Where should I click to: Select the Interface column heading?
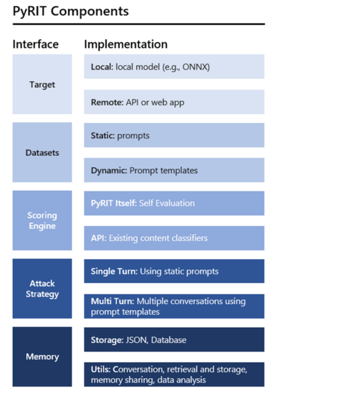pyautogui.click(x=36, y=45)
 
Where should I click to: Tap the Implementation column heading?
pyautogui.click(x=125, y=45)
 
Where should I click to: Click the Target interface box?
pyautogui.click(x=42, y=84)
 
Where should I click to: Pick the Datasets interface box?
pyautogui.click(x=42, y=153)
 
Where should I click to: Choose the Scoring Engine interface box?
pyautogui.click(x=42, y=220)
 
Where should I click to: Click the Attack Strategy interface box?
pyautogui.click(x=42, y=289)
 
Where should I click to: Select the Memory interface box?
pyautogui.click(x=42, y=357)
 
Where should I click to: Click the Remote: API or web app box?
pyautogui.click(x=174, y=102)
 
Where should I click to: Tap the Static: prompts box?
pyautogui.click(x=174, y=135)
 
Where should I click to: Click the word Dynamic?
pyautogui.click(x=109, y=171)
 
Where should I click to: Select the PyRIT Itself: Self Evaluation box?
pyautogui.click(x=174, y=203)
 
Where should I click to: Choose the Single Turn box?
pyautogui.click(x=174, y=271)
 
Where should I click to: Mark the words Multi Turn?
pyautogui.click(x=112, y=301)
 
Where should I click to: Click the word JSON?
pyautogui.click(x=137, y=340)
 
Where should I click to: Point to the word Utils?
pyautogui.click(x=101, y=369)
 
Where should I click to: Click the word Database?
pyautogui.click(x=169, y=340)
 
